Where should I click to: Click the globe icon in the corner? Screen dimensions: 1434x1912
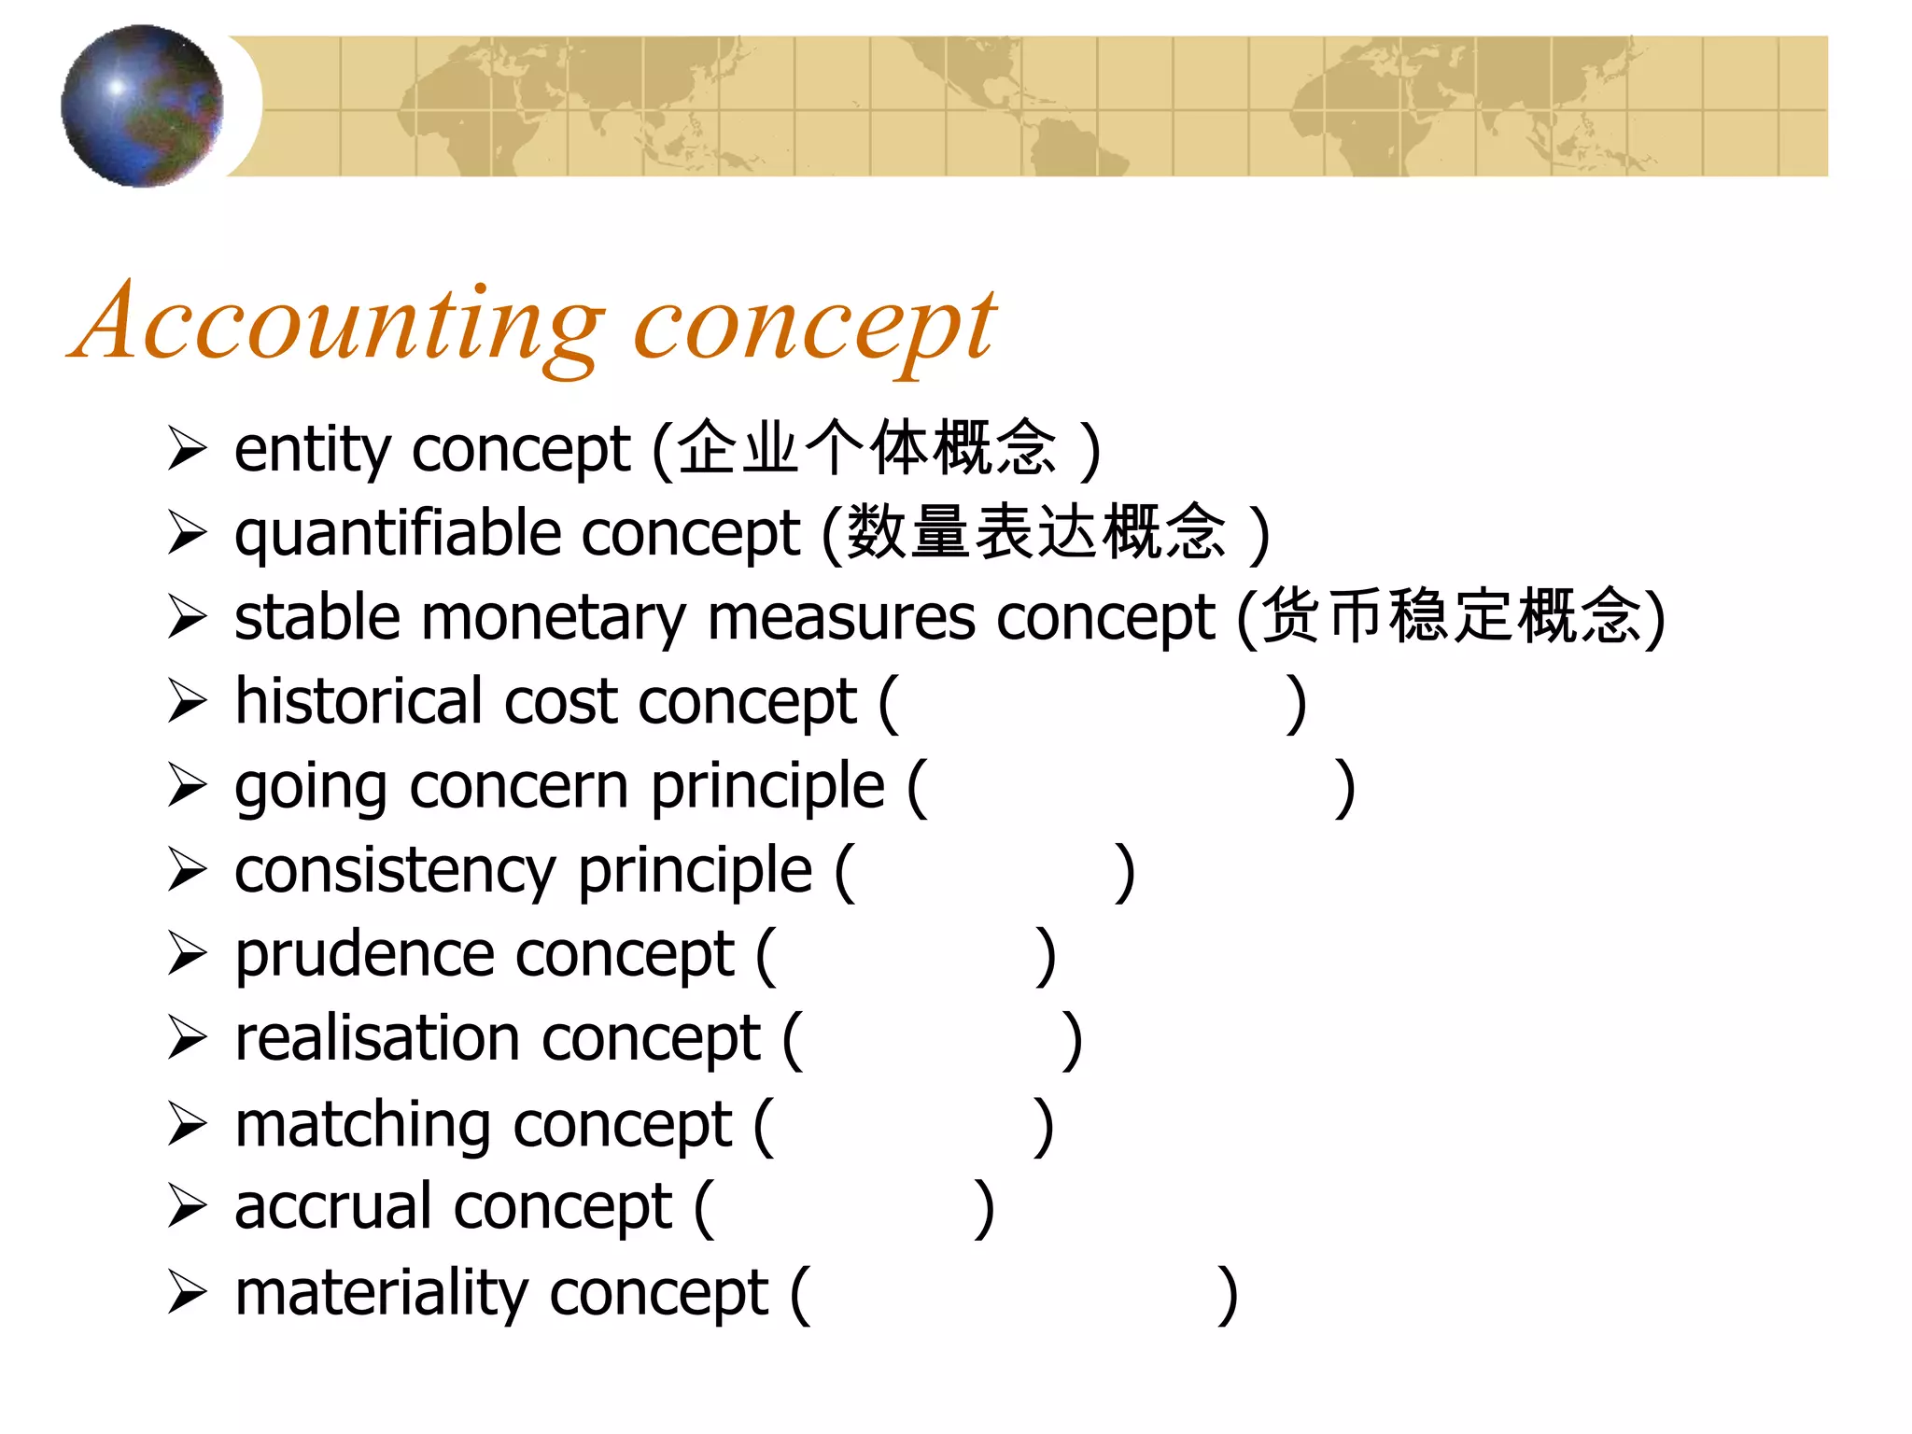(142, 105)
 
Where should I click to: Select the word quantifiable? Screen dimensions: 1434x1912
(398, 534)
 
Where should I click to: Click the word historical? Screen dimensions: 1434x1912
(358, 701)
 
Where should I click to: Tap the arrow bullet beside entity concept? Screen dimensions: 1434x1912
(188, 449)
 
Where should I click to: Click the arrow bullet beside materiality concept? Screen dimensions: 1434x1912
(188, 1293)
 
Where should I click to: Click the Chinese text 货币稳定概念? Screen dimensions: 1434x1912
(1451, 616)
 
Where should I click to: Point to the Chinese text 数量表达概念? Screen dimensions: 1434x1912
(1036, 532)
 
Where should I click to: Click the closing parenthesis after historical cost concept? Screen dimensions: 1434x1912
(1296, 703)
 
